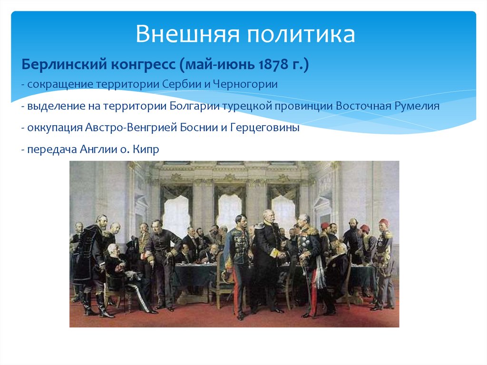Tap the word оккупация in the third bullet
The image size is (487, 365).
pos(54,128)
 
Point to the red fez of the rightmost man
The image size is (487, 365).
pos(384,222)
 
